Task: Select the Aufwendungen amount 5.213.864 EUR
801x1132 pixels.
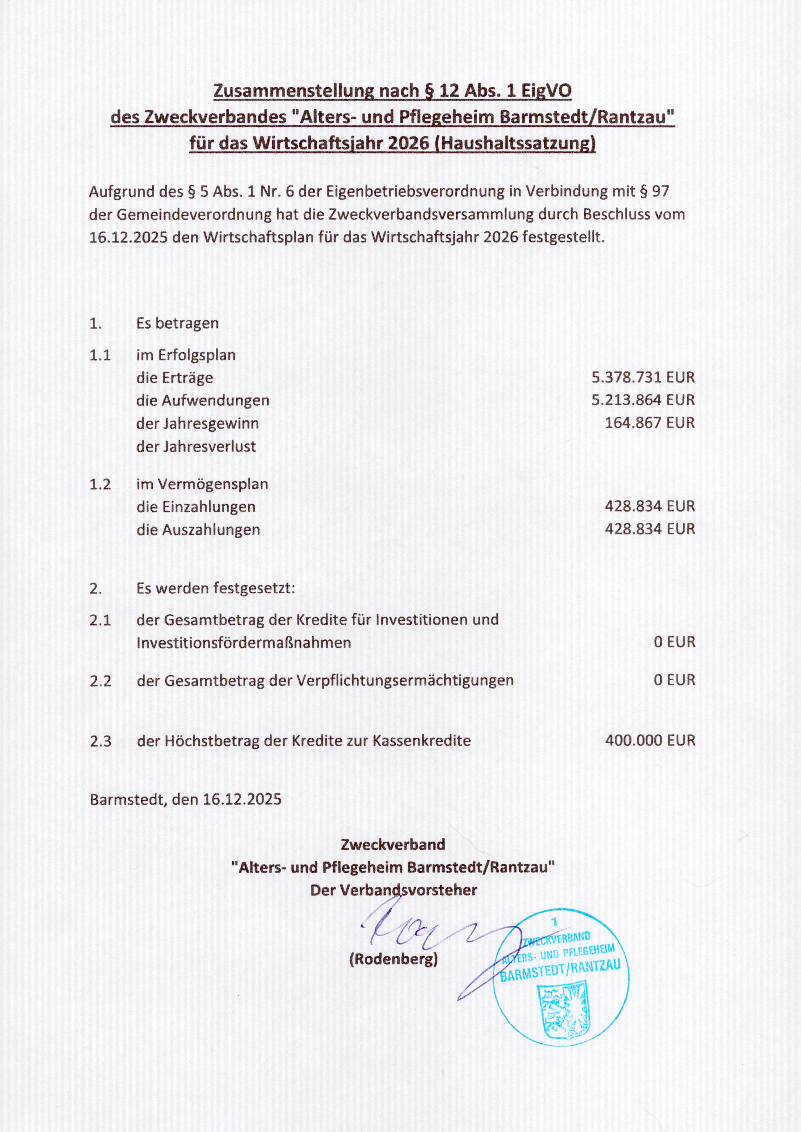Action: point(643,400)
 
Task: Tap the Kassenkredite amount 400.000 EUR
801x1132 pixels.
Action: point(650,740)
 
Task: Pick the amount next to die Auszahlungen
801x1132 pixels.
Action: point(650,529)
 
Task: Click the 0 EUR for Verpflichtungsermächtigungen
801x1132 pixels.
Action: point(674,680)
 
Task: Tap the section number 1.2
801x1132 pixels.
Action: point(100,484)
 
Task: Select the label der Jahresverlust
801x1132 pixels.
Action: point(196,446)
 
